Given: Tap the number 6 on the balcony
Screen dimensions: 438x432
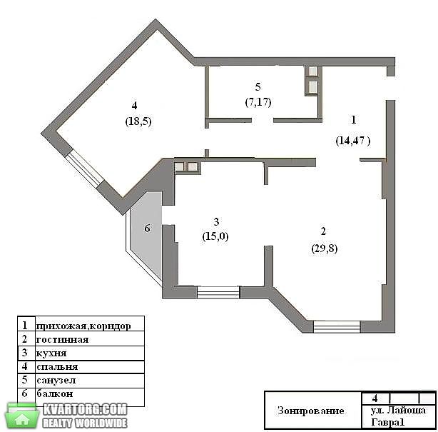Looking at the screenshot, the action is [x=147, y=228].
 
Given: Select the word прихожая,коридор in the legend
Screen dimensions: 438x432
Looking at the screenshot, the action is [x=83, y=326].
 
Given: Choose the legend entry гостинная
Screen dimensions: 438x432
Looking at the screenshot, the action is [x=62, y=339].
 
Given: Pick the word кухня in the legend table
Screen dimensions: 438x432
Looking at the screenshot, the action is [x=51, y=353].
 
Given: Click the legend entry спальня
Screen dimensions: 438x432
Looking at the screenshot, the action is [x=57, y=366].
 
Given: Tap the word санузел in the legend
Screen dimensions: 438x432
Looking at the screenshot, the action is [x=56, y=381].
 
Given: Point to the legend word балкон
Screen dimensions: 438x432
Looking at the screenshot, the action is [x=55, y=393].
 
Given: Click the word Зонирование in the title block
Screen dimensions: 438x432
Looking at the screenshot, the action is [x=310, y=411].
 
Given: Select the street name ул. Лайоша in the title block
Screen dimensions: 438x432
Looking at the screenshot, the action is [x=398, y=411].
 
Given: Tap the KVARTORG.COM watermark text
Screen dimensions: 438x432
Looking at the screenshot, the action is [x=85, y=410].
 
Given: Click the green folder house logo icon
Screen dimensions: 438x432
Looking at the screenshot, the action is [x=22, y=416].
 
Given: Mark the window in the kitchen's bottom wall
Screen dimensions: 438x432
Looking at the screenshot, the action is [x=218, y=292].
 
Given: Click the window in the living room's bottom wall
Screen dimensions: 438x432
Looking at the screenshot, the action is [x=337, y=326].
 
